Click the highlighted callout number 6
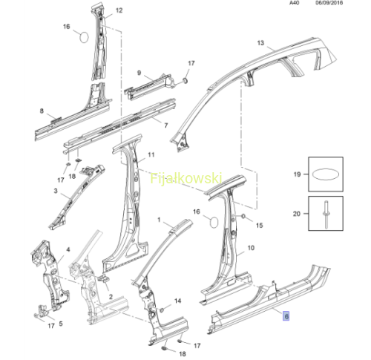[286, 316]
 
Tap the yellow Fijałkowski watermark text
[186, 178]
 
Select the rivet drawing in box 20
[326, 214]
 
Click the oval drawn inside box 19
[326, 174]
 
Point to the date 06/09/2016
[329, 3]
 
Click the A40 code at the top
[295, 3]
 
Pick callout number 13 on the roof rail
[260, 43]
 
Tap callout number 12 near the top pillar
[119, 10]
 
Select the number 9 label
[139, 73]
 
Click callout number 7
[166, 125]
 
